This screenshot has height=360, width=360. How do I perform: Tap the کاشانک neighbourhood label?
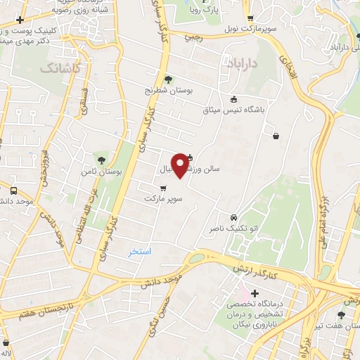pos(60,68)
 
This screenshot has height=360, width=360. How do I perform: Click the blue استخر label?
pos(139,251)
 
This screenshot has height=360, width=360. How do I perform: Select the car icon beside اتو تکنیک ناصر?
pos(233,217)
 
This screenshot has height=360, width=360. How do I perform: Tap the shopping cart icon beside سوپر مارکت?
pos(163,188)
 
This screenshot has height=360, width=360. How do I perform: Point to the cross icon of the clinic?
pos(255,292)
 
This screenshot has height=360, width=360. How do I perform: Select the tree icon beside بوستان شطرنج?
pos(168,79)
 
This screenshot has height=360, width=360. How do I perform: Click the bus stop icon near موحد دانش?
pos(13,191)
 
